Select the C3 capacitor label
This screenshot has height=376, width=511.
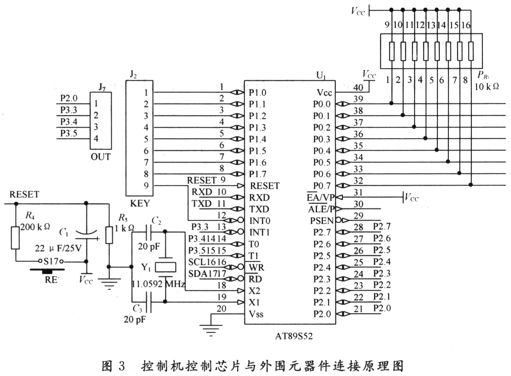point(137,309)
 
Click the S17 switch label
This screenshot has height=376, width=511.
point(51,261)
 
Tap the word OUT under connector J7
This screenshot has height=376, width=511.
point(100,157)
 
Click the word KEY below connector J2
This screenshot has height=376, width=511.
point(139,203)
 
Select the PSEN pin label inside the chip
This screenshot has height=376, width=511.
point(322,221)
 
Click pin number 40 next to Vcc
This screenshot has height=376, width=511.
point(358,88)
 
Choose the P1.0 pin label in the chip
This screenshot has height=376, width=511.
point(257,93)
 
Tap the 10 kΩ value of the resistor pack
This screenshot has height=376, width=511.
point(486,87)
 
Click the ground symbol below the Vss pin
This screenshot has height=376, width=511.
point(211,331)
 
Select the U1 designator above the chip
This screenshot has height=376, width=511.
point(321,76)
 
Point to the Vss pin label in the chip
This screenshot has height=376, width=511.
point(256,314)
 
